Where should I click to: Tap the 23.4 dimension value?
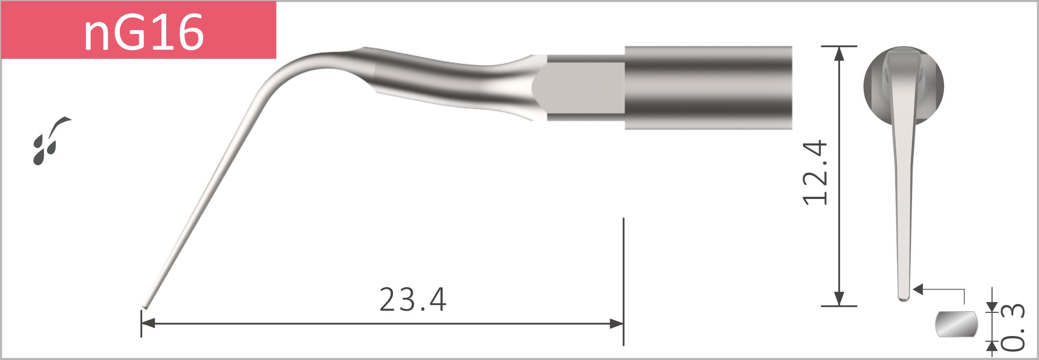tap(413, 300)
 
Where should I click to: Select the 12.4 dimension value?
tap(815, 173)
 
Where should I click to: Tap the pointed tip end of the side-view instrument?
tap(145, 306)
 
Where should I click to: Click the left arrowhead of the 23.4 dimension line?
tap(148, 323)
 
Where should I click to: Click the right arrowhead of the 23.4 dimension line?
tap(616, 323)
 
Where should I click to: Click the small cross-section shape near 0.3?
tap(957, 324)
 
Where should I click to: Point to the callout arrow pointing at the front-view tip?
tap(918, 289)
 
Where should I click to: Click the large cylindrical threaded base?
tap(708, 87)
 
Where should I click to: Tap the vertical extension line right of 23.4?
tap(623, 279)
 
